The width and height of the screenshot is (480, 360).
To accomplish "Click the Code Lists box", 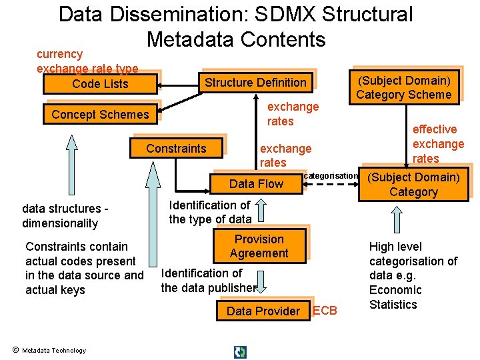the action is tap(100, 84).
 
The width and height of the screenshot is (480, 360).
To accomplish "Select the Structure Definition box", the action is tap(255, 83).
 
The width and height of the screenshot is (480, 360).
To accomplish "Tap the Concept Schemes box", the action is tap(100, 115).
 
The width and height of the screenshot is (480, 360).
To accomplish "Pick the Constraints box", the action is tap(176, 148).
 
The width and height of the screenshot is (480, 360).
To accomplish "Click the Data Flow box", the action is tap(256, 184).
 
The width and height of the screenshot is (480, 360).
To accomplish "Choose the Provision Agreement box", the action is tap(259, 246).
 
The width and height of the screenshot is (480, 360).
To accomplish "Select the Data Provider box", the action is tap(263, 311).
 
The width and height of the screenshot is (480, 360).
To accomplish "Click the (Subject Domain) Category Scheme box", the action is tap(404, 87).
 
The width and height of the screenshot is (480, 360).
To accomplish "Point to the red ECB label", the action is tap(325, 311).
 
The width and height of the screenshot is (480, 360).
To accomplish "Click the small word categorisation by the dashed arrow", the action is tap(331, 176).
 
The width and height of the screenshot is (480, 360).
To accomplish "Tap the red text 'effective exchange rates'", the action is tap(438, 144).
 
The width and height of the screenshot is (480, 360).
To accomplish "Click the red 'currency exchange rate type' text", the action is tap(87, 61).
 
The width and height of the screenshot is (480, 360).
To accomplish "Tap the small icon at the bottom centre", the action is tap(240, 351).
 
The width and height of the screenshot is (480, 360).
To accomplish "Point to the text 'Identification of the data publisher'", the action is tap(208, 281).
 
